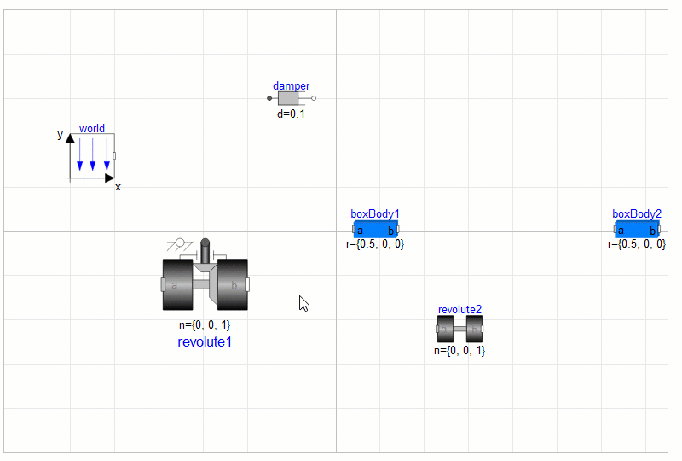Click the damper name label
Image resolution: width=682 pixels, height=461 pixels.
click(291, 86)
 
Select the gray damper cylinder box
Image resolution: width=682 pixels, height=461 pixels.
click(288, 98)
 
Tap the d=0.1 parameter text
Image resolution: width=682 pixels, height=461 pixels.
click(291, 114)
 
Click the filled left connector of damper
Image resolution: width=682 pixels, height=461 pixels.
click(269, 98)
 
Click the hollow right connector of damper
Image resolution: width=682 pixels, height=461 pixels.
click(314, 98)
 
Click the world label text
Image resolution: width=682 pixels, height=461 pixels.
click(92, 129)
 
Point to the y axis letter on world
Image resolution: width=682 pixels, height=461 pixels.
click(60, 135)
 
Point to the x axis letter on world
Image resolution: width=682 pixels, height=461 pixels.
click(118, 187)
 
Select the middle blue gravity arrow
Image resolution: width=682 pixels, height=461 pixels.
click(93, 155)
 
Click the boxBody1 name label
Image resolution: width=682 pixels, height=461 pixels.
click(375, 214)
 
